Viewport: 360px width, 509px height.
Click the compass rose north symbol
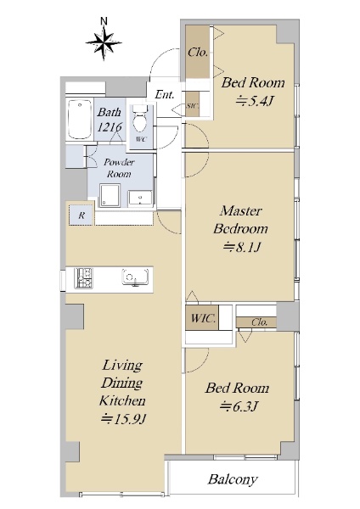[104, 43]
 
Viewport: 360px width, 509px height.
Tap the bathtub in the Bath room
[80, 120]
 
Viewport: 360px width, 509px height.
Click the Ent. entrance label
[165, 94]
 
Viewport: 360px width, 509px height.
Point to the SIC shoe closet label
[192, 106]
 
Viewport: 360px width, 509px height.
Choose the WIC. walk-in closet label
[203, 318]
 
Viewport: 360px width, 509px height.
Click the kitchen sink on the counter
[135, 277]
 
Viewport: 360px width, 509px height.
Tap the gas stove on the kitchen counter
[83, 278]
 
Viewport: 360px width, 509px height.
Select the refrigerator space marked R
[82, 215]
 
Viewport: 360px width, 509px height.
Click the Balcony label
[233, 479]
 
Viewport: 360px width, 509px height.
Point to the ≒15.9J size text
[124, 419]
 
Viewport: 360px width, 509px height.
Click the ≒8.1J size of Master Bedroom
[241, 248]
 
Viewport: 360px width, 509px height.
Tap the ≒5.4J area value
[254, 102]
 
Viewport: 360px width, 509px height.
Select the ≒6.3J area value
[239, 406]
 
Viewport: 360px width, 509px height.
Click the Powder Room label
[119, 168]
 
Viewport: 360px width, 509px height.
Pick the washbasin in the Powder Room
[140, 198]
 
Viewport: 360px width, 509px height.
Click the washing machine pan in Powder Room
[110, 195]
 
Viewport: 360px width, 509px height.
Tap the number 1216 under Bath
[110, 127]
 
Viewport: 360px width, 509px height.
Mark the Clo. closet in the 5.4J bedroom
[198, 52]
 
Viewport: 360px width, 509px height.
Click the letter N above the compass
[104, 21]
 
